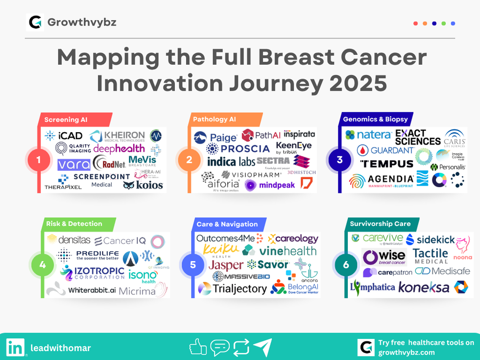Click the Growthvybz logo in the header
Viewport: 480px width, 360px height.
coord(35,23)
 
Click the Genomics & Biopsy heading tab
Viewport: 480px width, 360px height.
coord(375,119)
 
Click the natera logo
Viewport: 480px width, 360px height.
coord(368,135)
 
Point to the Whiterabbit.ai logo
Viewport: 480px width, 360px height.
coord(82,290)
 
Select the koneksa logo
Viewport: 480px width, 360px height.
coord(423,288)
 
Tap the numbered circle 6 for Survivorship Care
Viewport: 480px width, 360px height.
coord(346,265)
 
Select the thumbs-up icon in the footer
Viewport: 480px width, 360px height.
coord(198,347)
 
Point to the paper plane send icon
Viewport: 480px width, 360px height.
coord(263,347)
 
